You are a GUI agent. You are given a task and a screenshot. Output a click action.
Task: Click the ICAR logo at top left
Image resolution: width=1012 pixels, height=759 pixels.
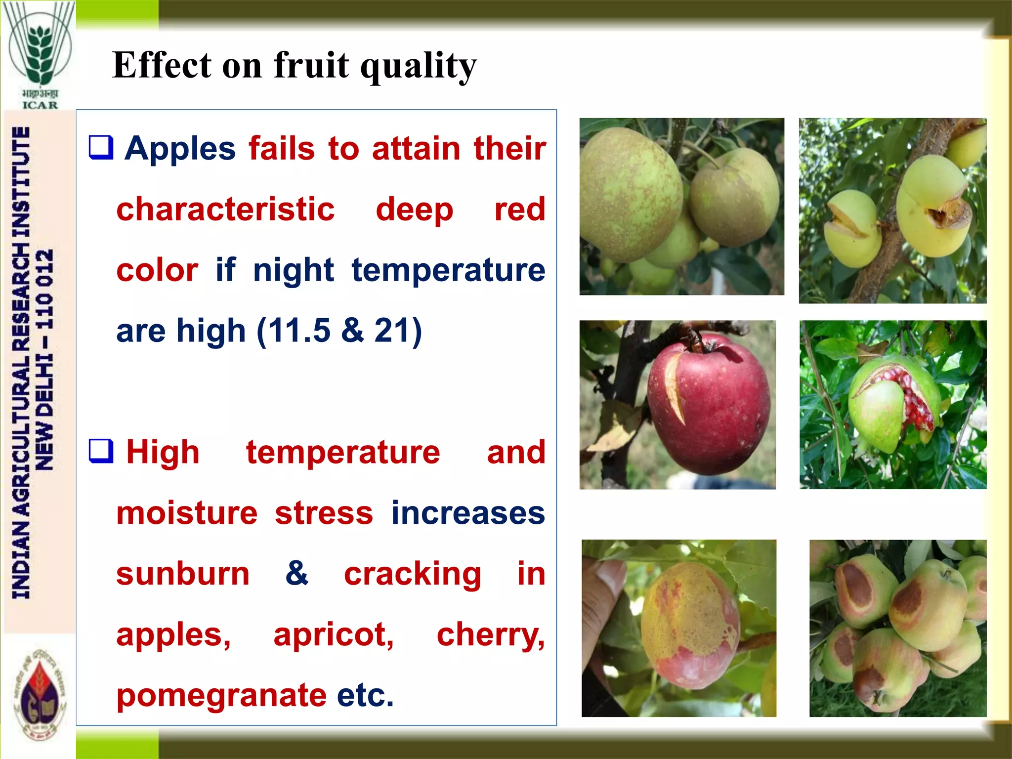[40, 54]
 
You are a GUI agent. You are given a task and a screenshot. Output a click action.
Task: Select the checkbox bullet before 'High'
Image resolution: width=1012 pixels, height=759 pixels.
[101, 451]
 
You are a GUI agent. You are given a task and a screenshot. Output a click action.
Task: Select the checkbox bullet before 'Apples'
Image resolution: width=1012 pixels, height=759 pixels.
[101, 147]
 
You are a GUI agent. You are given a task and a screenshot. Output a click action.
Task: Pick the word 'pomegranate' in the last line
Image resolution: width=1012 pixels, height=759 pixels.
[221, 695]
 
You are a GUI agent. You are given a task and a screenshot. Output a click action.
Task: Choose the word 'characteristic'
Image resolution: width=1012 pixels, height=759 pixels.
[225, 209]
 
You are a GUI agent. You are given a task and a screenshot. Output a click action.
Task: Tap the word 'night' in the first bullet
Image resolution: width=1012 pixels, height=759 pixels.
[294, 270]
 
